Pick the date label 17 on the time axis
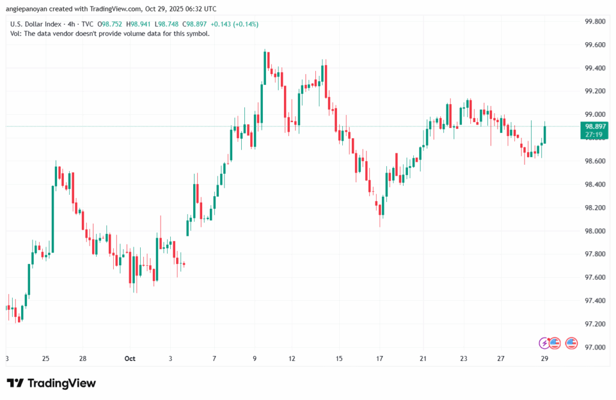[x=380, y=358]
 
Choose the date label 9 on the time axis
[x=255, y=358]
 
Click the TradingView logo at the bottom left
[x=51, y=383]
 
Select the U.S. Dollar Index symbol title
[x=35, y=23]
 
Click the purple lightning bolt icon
[x=544, y=343]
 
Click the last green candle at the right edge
[x=545, y=134]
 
